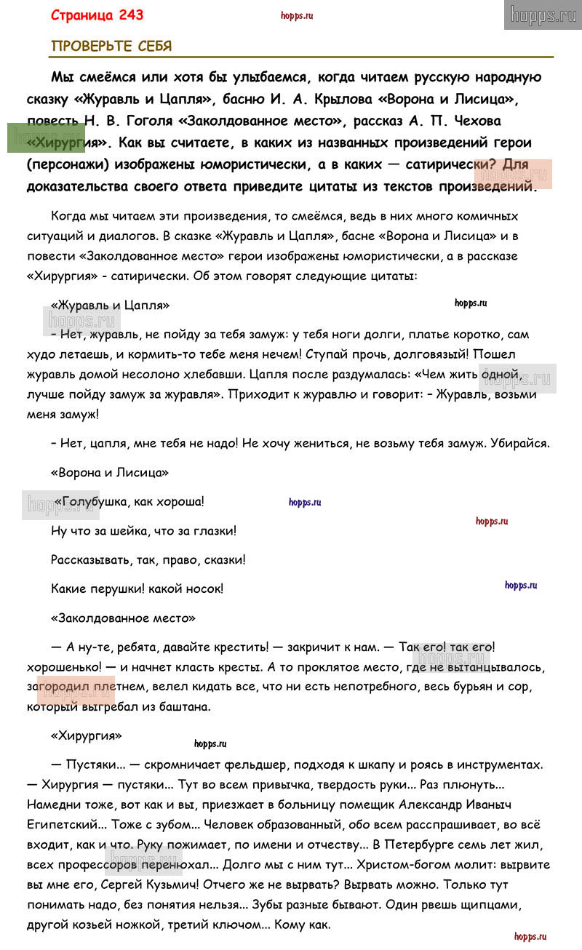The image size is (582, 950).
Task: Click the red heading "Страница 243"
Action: point(97,15)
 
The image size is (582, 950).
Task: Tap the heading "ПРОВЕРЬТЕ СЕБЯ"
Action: point(111,47)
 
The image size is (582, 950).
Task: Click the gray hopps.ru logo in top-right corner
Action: point(543,15)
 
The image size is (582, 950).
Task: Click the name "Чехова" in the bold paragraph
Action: point(469,121)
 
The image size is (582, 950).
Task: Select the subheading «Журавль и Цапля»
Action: point(110,306)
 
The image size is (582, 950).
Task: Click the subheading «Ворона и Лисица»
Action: point(109,473)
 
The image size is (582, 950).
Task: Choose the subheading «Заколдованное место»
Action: point(123,618)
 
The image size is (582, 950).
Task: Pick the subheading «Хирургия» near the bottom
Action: point(86,735)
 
